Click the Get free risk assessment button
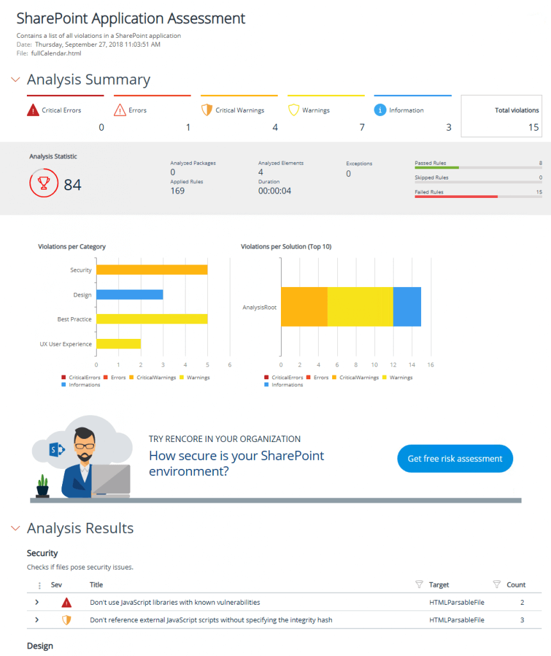(455, 459)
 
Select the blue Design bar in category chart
(130, 295)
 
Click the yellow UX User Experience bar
(118, 344)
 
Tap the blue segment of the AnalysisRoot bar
(407, 307)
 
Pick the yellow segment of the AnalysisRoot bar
(360, 307)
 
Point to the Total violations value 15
(534, 127)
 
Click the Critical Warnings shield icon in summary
(206, 110)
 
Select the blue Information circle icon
(379, 110)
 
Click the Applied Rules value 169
(178, 191)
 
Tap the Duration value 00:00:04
(275, 191)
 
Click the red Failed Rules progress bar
(456, 197)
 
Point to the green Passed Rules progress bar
(436, 168)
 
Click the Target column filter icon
(419, 584)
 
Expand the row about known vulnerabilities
(37, 602)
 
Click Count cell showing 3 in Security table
(522, 619)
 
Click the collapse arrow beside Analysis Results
(15, 528)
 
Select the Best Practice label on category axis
(75, 319)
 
